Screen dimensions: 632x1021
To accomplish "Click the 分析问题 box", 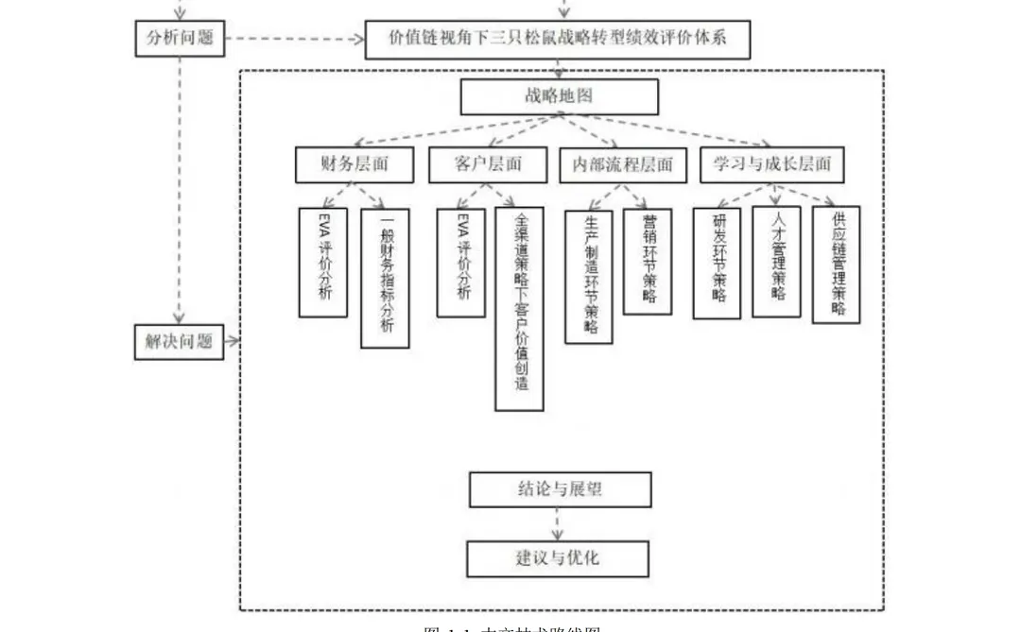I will click(179, 39).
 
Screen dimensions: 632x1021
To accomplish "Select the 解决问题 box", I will click(179, 341).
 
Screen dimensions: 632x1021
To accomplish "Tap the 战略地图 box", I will click(559, 96).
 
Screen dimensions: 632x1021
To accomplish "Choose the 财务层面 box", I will click(355, 164).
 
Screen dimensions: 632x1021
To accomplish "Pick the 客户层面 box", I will click(488, 164).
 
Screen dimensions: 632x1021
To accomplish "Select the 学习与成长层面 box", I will click(772, 164).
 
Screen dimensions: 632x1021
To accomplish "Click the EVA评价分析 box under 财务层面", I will click(322, 262).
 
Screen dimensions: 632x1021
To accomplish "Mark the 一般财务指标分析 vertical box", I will click(385, 278).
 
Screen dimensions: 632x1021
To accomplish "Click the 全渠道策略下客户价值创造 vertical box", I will click(519, 309).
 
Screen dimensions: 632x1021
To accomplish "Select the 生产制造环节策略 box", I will click(589, 275).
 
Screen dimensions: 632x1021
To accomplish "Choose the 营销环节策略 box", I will click(648, 262).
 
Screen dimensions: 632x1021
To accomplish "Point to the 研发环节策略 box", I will click(717, 262).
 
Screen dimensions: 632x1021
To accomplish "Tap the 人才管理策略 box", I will click(776, 262).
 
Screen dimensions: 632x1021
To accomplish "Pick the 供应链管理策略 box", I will click(836, 265).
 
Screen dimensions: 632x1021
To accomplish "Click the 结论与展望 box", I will click(560, 489).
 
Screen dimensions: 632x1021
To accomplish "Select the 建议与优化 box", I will click(558, 558).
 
